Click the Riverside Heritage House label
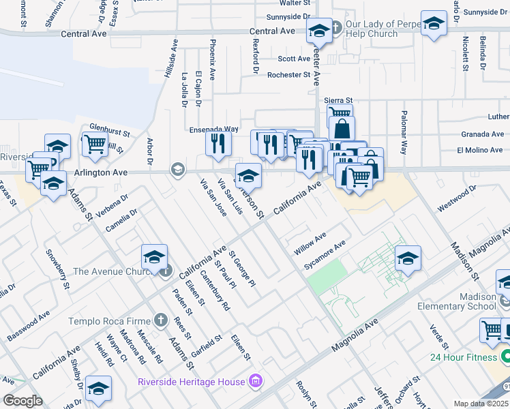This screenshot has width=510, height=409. tap(190, 381)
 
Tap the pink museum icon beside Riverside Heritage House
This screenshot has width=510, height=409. tap(255, 380)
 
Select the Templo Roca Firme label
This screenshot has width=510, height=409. tap(110, 320)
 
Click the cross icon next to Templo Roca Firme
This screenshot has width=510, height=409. tap(160, 320)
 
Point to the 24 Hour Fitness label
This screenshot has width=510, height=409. tap(465, 357)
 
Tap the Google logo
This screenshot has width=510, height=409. tap(22, 400)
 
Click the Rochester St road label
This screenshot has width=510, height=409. tap(289, 75)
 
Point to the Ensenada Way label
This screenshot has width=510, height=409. tap(213, 129)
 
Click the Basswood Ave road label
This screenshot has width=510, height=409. tap(29, 326)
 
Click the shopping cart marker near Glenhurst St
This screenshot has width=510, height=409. tap(95, 144)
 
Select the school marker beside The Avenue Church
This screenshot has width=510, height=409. tap(155, 257)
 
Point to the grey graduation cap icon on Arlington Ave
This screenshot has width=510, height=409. tap(178, 169)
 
